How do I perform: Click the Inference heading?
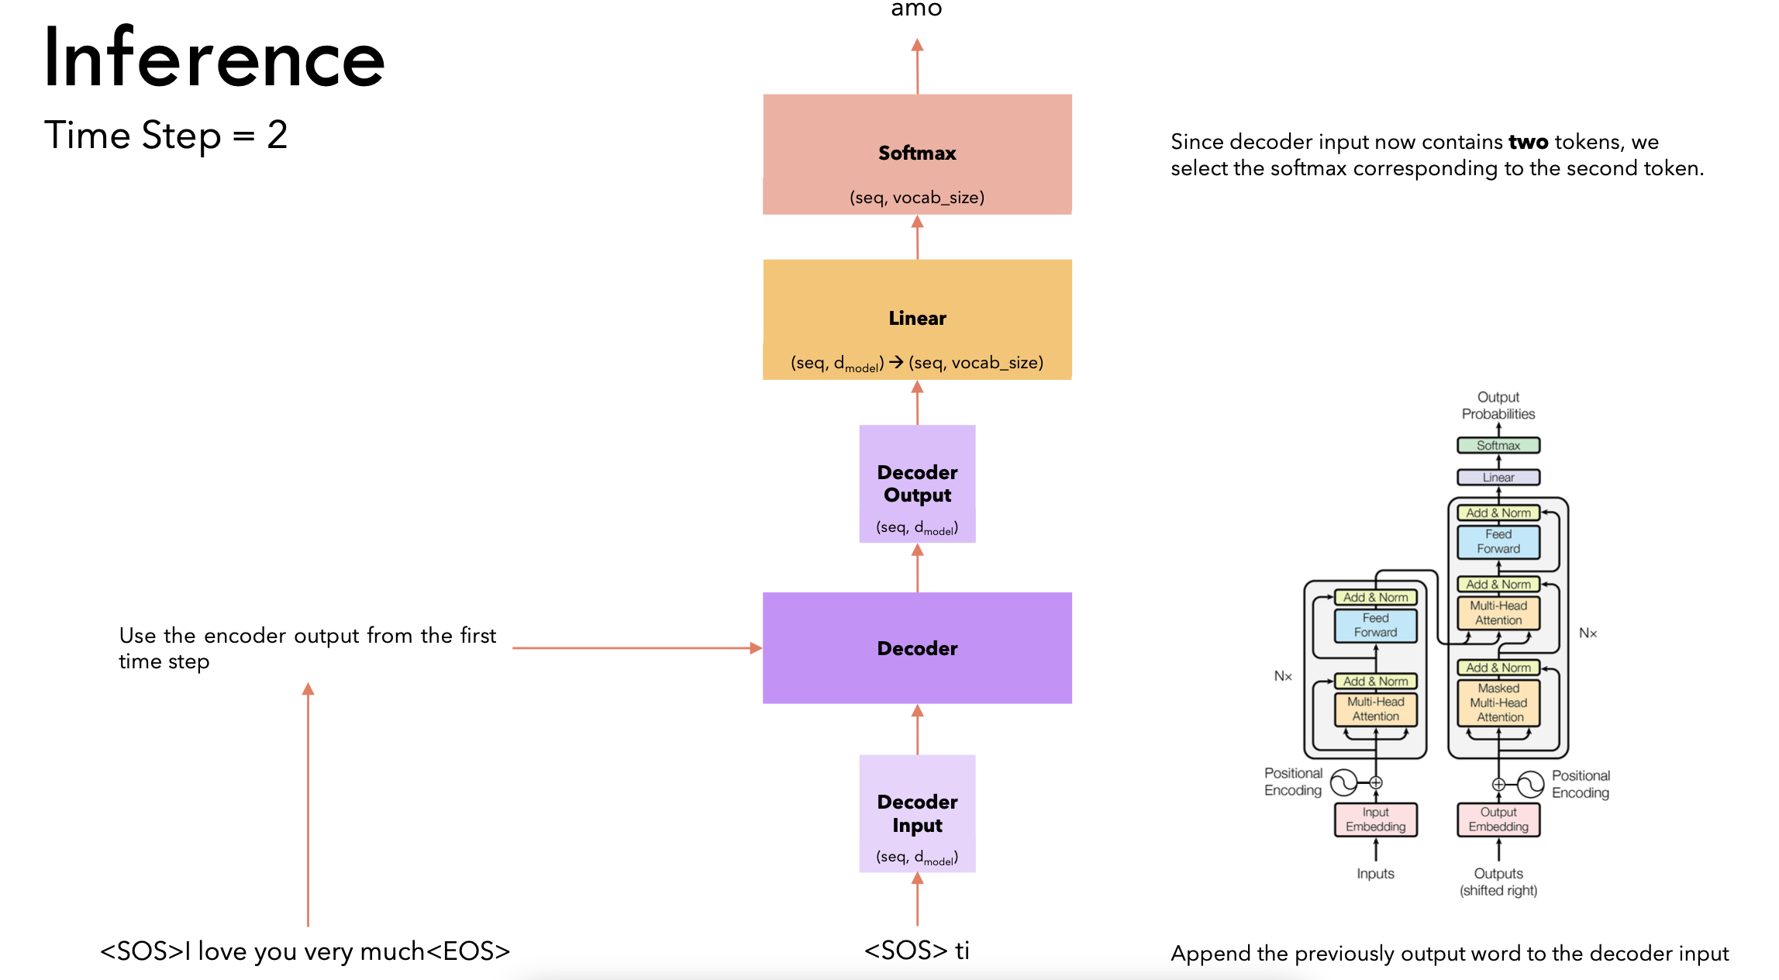(x=214, y=57)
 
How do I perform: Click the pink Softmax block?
(x=917, y=154)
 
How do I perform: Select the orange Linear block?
(x=917, y=319)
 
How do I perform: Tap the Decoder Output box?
(x=917, y=484)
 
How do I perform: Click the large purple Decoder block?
(x=917, y=648)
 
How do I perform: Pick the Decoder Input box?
(x=917, y=813)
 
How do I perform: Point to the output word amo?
(x=916, y=9)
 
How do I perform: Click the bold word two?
(x=1528, y=142)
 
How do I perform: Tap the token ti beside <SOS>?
(x=962, y=950)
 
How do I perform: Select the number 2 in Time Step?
(x=278, y=135)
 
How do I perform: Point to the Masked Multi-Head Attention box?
(x=1498, y=702)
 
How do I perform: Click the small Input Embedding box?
(x=1375, y=820)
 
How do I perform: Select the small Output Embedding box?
(x=1498, y=820)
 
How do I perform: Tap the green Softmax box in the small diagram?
(x=1498, y=446)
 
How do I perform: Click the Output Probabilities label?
(x=1498, y=405)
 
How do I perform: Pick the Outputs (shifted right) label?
(x=1498, y=882)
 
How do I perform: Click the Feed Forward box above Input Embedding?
(x=1375, y=625)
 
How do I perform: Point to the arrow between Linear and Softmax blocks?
(x=917, y=237)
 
